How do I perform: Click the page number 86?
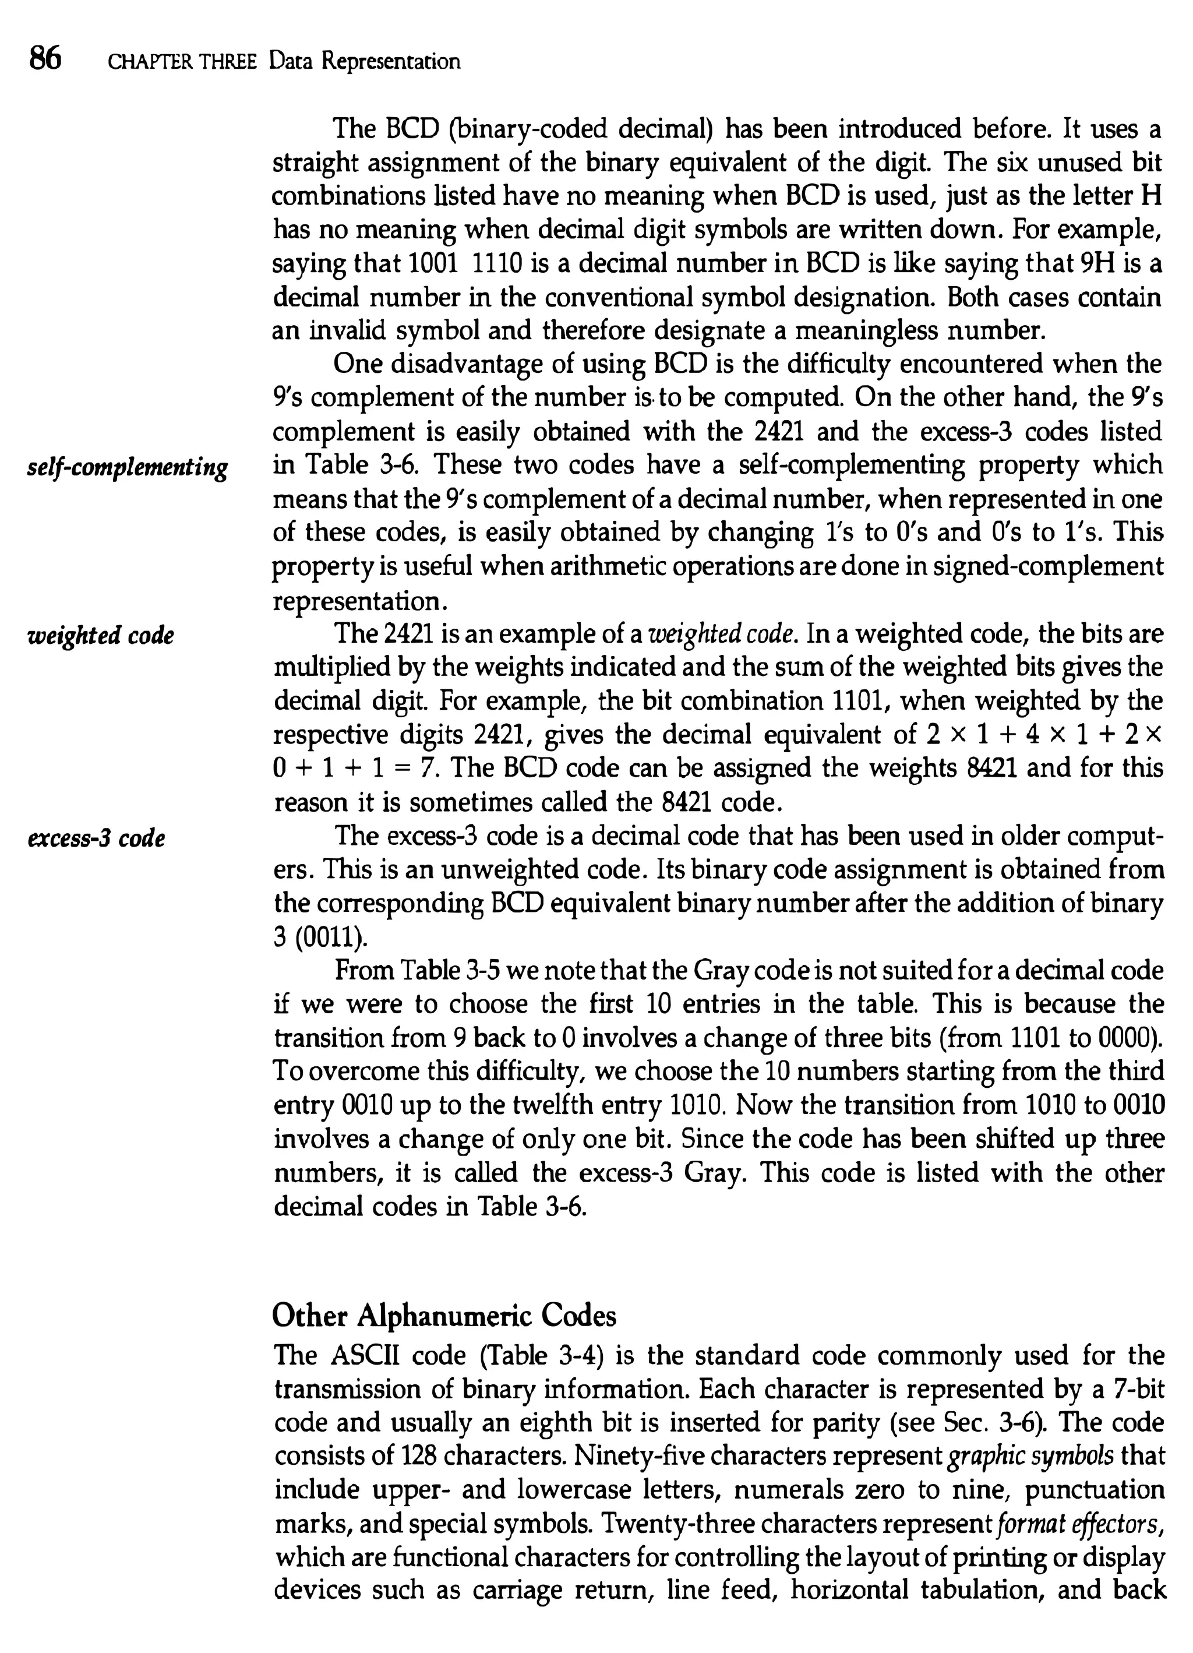tap(45, 58)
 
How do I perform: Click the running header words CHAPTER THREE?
tap(182, 62)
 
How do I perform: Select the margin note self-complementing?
tap(128, 467)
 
